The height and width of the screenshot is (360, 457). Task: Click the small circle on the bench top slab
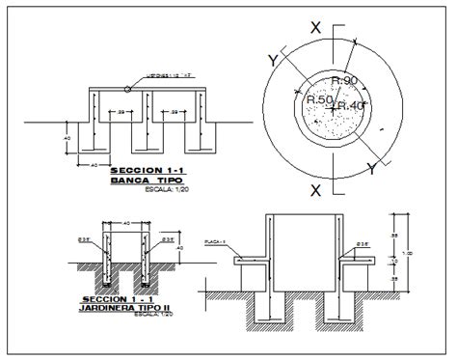coord(128,90)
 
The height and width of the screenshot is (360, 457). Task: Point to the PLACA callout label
coord(214,243)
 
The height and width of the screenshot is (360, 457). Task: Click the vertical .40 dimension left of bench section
coord(67,138)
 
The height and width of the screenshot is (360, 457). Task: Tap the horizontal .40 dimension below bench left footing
coord(94,165)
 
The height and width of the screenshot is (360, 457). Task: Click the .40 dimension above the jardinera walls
coord(127,223)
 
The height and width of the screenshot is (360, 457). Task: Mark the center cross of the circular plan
coord(331,109)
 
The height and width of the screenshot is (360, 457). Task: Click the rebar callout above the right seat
coord(363,243)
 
